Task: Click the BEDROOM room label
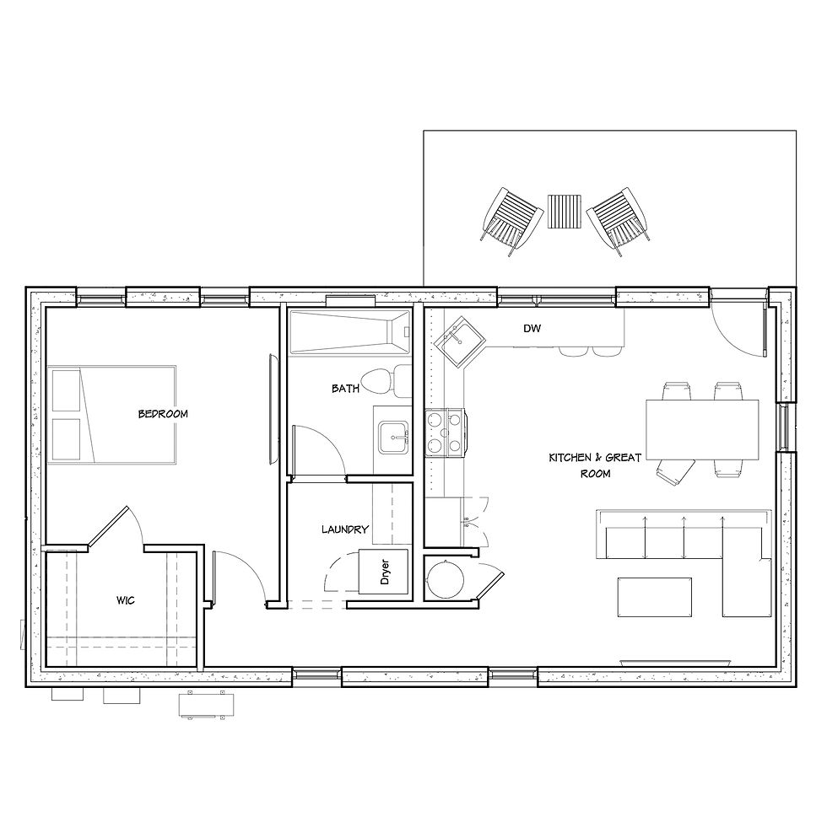click(163, 413)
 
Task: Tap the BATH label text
click(345, 389)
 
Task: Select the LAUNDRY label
click(344, 529)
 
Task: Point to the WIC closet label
click(126, 600)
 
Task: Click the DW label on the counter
click(532, 328)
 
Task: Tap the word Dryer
click(385, 572)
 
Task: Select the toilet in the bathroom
click(386, 381)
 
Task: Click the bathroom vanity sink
click(393, 438)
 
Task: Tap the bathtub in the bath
click(349, 332)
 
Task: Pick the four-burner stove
click(445, 433)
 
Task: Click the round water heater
click(445, 578)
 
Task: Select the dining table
click(702, 430)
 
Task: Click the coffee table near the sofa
click(654, 597)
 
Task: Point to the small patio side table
click(565, 211)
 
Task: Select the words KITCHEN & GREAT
click(595, 457)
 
